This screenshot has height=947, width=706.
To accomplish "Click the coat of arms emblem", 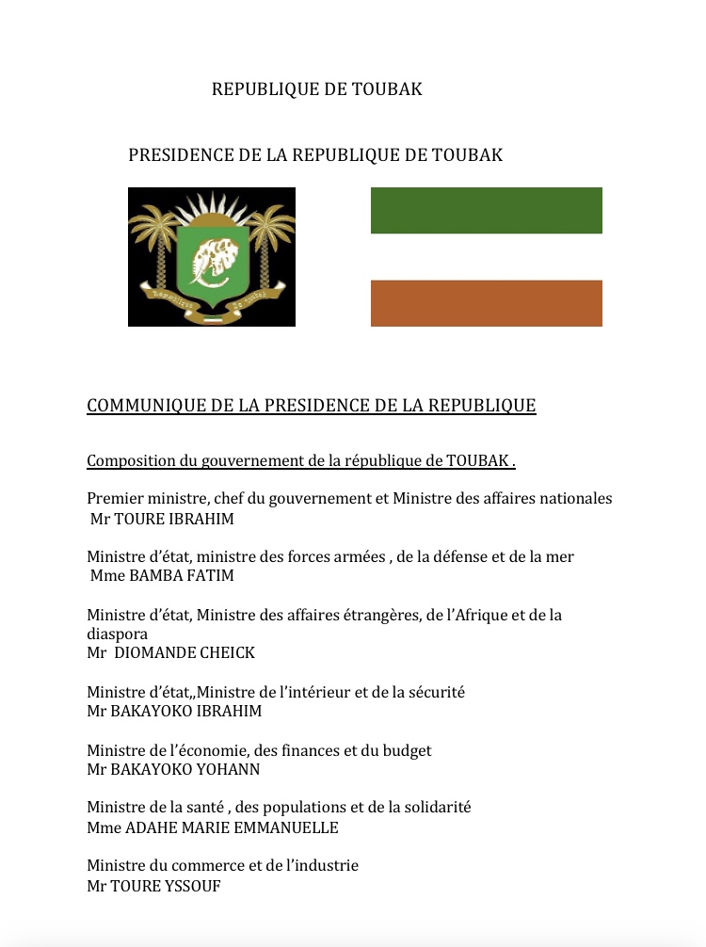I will (x=212, y=257).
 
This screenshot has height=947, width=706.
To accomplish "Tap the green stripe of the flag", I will (x=486, y=210).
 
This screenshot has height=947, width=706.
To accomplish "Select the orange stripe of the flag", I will (x=486, y=303).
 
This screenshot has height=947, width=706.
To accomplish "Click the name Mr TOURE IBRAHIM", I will (x=162, y=519).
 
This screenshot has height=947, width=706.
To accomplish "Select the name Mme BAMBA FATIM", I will (x=161, y=576).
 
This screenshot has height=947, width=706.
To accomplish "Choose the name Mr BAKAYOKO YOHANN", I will (x=173, y=769).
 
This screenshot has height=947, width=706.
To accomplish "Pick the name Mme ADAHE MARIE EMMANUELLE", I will (x=212, y=828).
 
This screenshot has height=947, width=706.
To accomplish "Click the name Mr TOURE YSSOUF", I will (x=153, y=886).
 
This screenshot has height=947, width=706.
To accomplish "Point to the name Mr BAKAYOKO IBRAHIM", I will (x=174, y=712).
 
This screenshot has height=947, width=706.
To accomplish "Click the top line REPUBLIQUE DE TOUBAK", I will (x=316, y=89).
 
